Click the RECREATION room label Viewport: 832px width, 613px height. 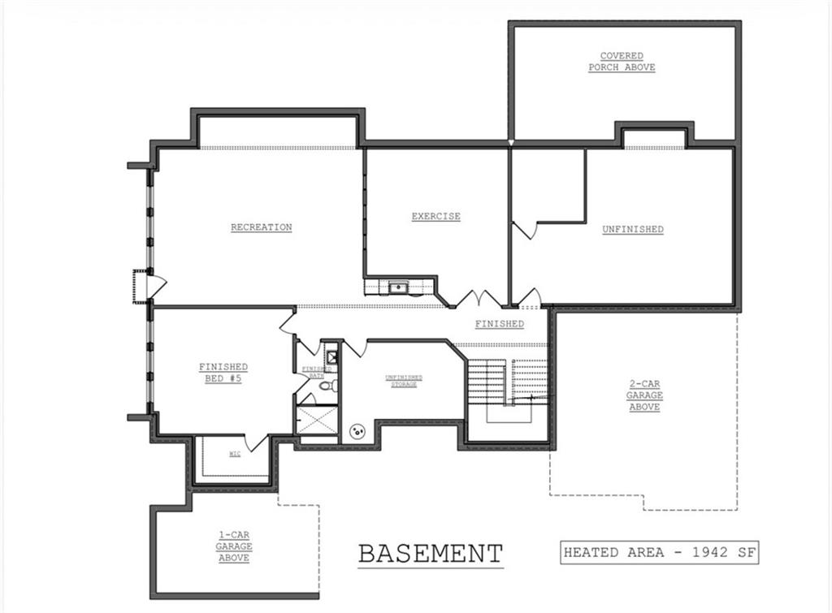pos(261,227)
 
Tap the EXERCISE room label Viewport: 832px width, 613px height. pos(435,217)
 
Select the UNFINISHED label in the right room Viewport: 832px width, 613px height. pos(632,230)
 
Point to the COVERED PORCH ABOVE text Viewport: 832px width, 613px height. pos(622,62)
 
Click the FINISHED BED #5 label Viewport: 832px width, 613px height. pos(223,373)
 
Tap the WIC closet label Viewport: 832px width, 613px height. pos(235,454)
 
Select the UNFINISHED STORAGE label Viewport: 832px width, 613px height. pos(403,381)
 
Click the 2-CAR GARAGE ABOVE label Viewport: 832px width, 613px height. pos(644,395)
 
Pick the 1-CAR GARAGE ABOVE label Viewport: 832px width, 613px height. pos(233,546)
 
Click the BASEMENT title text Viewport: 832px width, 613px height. pos(431,554)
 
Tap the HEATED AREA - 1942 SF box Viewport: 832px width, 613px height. pos(659,553)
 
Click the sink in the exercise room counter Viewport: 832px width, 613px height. pos(398,287)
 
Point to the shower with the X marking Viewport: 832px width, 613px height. pos(317,420)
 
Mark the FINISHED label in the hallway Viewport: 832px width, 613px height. pos(499,324)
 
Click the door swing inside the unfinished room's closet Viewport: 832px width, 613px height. pos(524,231)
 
